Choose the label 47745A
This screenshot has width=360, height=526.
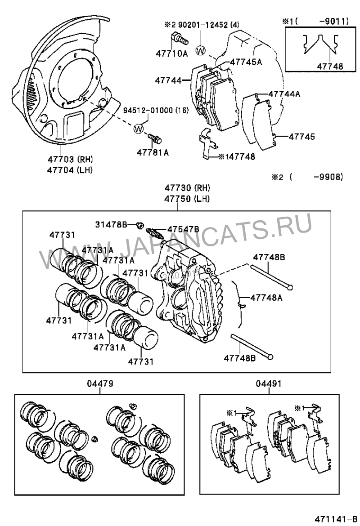[x=246, y=62]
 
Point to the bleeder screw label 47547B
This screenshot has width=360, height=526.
[x=183, y=229]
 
